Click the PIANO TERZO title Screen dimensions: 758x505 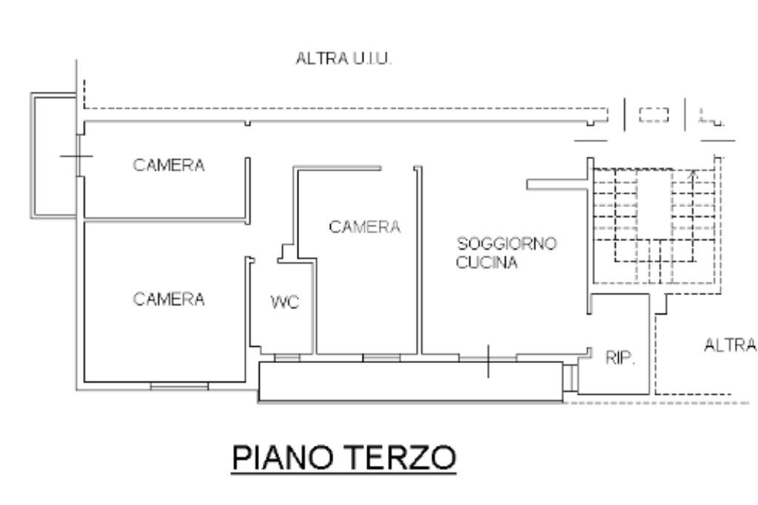343,458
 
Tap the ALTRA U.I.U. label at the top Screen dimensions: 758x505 343,59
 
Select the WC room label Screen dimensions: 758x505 285,302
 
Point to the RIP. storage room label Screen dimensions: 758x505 620,358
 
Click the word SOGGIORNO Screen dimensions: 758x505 506,243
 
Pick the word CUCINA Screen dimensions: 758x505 487,262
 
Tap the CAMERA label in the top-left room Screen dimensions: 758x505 169,165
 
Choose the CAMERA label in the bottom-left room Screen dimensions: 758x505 169,299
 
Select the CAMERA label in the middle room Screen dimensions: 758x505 364,227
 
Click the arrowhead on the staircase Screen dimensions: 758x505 693,173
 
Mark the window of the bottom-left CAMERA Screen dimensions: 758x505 179,386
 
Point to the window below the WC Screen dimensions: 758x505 287,358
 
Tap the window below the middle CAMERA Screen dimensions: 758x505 381,358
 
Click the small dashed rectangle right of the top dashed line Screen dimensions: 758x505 654,115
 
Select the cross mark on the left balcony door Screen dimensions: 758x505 77,156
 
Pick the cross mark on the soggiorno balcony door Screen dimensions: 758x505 488,361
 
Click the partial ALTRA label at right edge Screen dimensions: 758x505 731,345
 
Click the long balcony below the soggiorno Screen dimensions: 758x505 411,382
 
